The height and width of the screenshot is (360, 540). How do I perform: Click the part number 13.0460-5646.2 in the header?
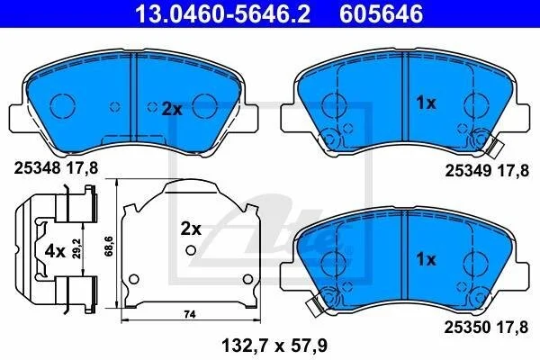click(x=223, y=13)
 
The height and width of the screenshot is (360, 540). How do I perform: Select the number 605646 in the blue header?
click(x=381, y=13)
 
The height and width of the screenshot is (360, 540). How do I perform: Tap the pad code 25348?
click(x=38, y=168)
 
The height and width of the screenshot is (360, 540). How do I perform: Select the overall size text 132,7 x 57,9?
click(x=274, y=346)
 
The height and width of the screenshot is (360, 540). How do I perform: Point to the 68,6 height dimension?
click(x=110, y=246)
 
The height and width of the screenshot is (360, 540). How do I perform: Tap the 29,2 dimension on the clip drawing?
click(x=77, y=248)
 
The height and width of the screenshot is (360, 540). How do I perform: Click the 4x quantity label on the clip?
click(x=55, y=252)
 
